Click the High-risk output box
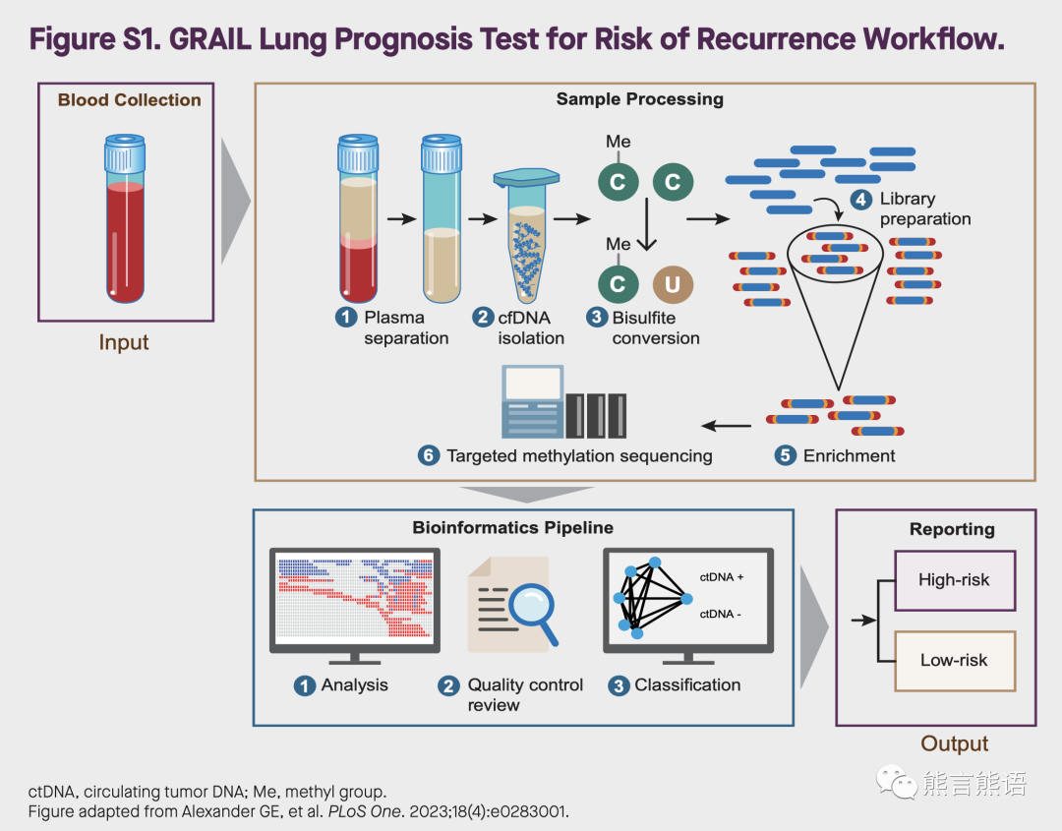tap(954, 580)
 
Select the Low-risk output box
tap(954, 661)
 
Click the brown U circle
tap(673, 284)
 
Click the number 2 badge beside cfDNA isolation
tap(483, 318)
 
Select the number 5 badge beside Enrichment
tap(785, 455)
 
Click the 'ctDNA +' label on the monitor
tap(722, 577)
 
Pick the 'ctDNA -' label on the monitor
tap(721, 614)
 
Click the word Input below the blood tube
tap(124, 342)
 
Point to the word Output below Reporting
tap(954, 744)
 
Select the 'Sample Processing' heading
tap(639, 99)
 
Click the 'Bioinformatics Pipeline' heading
tap(512, 528)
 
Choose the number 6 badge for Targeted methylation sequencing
tap(428, 455)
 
